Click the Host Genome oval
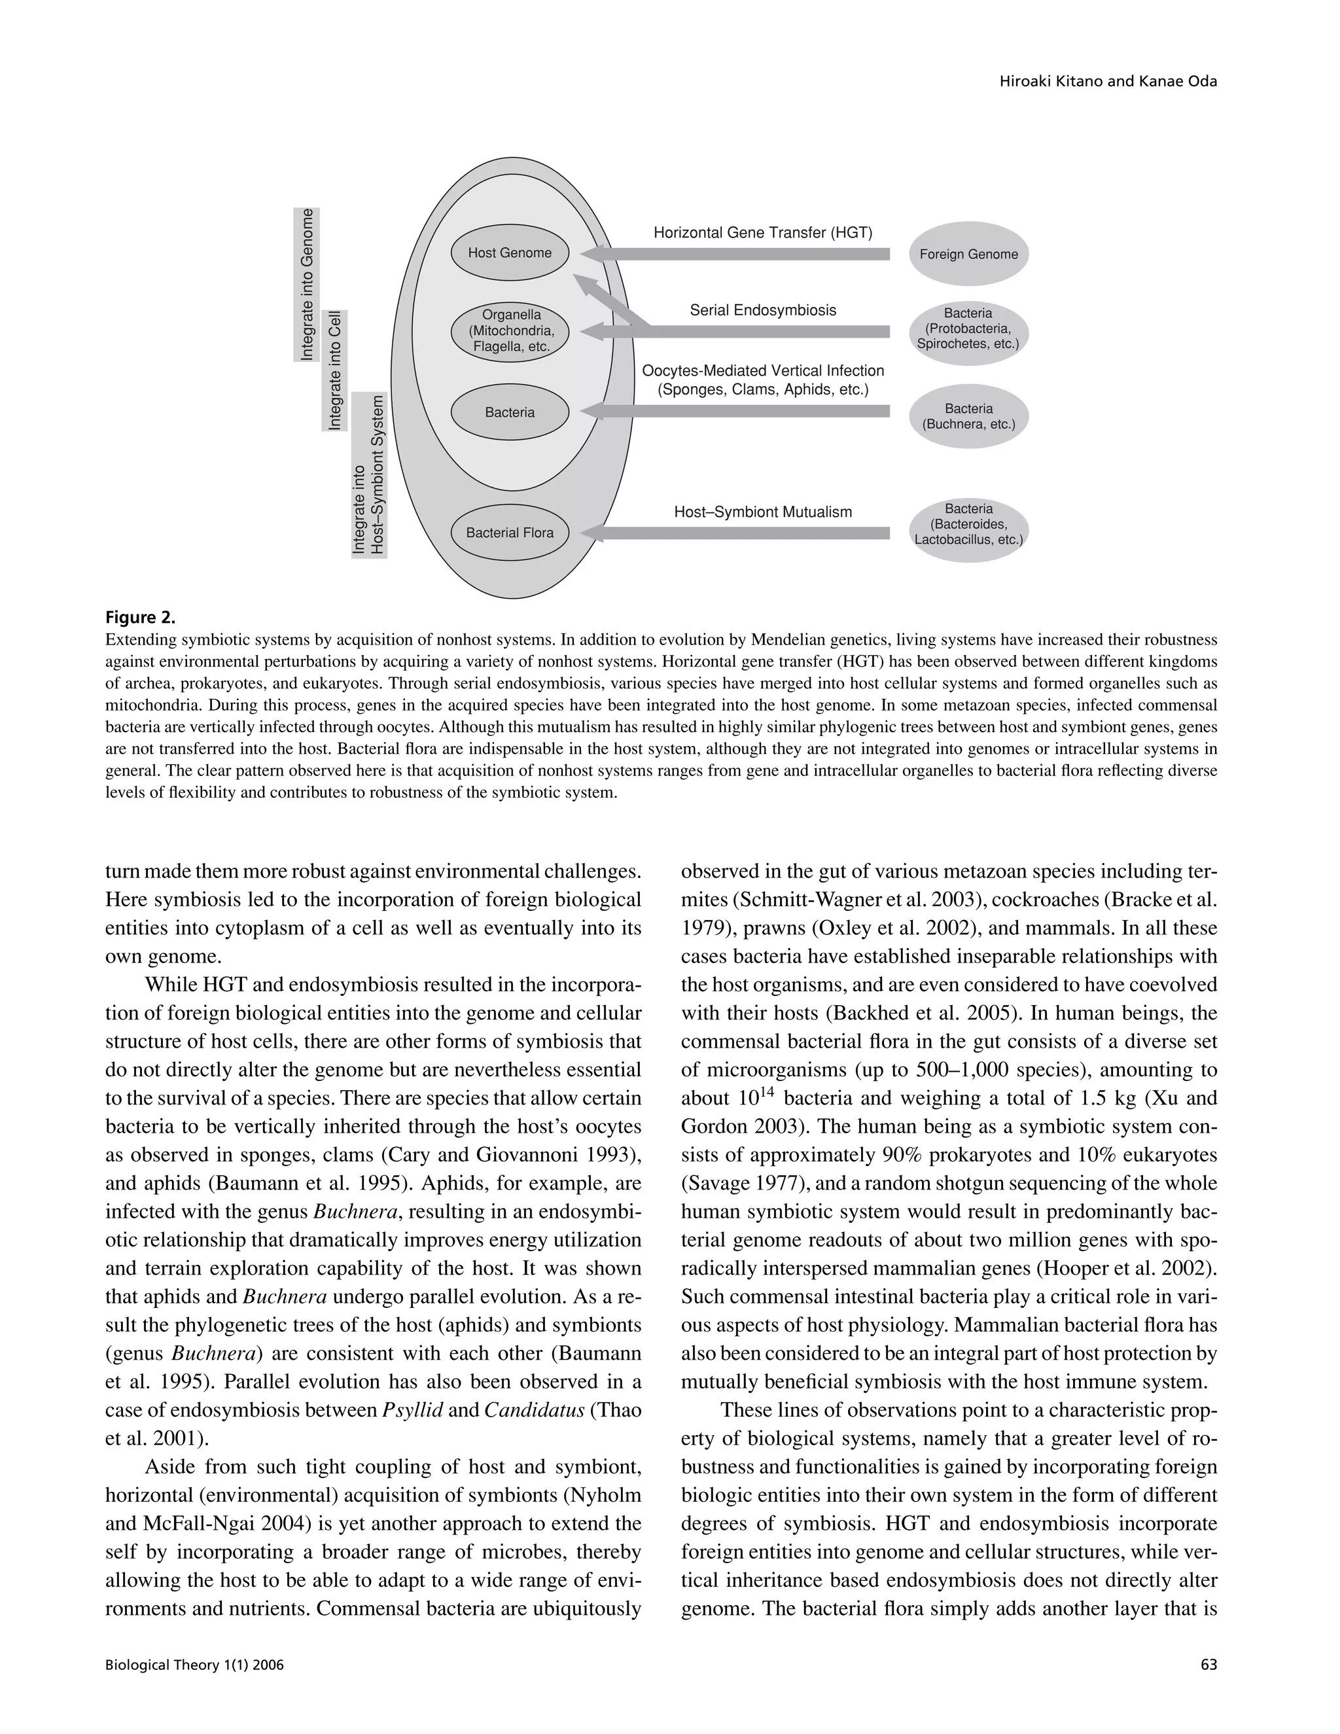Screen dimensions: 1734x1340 [x=510, y=253]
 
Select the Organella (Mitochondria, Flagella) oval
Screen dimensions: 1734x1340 [x=510, y=330]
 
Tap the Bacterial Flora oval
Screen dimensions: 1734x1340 [x=510, y=533]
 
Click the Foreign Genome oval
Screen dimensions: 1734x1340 [x=968, y=254]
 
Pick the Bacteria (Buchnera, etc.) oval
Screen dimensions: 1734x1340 [x=968, y=416]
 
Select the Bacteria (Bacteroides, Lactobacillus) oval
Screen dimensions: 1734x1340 [x=968, y=524]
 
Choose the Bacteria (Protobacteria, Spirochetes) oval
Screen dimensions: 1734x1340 [x=968, y=328]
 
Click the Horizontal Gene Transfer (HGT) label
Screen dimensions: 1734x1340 [x=762, y=233]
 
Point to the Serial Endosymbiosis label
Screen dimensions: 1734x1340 [x=762, y=310]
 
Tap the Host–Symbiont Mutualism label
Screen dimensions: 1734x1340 [x=762, y=512]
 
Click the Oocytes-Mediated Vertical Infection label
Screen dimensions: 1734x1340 [x=762, y=380]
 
